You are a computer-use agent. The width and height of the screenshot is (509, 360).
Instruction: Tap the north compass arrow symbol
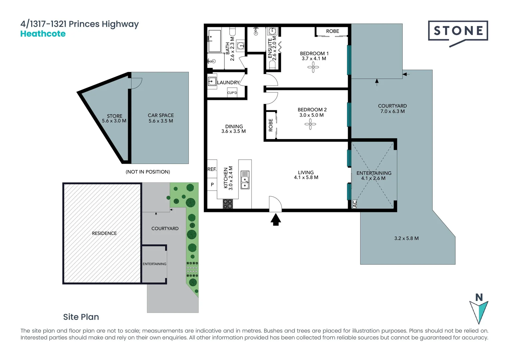click(x=479, y=310)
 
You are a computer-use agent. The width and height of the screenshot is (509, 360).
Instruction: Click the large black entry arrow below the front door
click(x=275, y=220)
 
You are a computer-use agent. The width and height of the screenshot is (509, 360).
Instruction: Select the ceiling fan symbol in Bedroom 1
click(x=313, y=68)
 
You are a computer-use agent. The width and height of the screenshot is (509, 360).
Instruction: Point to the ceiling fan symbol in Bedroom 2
click(x=310, y=125)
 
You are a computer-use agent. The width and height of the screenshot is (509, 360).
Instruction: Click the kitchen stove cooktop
click(x=228, y=204)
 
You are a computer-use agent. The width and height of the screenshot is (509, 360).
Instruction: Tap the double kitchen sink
click(x=245, y=180)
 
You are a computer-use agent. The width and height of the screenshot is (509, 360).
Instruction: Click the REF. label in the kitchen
click(x=212, y=169)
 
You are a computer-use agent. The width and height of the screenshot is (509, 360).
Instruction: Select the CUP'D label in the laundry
click(x=232, y=93)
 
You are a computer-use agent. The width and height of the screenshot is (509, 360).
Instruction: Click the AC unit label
click(x=354, y=204)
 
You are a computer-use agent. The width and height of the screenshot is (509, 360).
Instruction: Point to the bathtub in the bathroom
click(x=215, y=41)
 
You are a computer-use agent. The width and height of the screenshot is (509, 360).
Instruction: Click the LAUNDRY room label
click(x=228, y=82)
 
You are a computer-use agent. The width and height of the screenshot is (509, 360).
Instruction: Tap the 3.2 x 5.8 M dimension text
click(x=406, y=238)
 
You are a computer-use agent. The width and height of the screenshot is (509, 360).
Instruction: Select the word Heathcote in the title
click(x=43, y=34)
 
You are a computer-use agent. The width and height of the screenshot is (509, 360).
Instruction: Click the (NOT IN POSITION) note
click(x=148, y=172)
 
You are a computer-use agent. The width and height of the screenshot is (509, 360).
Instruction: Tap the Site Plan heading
click(x=81, y=317)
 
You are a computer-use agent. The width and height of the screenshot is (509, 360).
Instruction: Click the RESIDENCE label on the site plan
click(x=104, y=233)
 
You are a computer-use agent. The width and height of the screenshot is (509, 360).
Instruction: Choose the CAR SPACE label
click(x=161, y=115)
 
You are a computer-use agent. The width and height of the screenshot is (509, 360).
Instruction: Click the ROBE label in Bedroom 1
click(x=332, y=31)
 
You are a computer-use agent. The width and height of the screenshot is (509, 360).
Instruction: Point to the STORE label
click(x=114, y=116)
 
